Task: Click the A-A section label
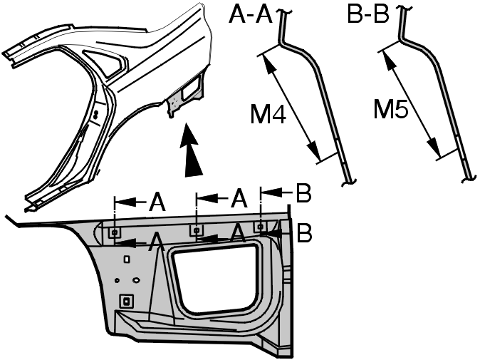(251, 15)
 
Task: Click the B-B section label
(368, 14)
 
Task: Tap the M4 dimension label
(268, 115)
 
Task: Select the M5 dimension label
(391, 109)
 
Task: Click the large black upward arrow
(192, 150)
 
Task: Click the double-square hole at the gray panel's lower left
(126, 302)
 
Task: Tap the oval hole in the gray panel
(136, 280)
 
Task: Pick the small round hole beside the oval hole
(117, 280)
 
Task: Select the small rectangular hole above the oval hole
(127, 259)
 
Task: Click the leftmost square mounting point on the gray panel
(115, 233)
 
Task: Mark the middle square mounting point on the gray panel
(196, 230)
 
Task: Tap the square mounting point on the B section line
(261, 227)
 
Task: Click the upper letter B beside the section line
(303, 193)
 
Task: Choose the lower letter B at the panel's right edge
(304, 233)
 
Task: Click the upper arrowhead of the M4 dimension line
(268, 64)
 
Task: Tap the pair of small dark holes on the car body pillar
(96, 115)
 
